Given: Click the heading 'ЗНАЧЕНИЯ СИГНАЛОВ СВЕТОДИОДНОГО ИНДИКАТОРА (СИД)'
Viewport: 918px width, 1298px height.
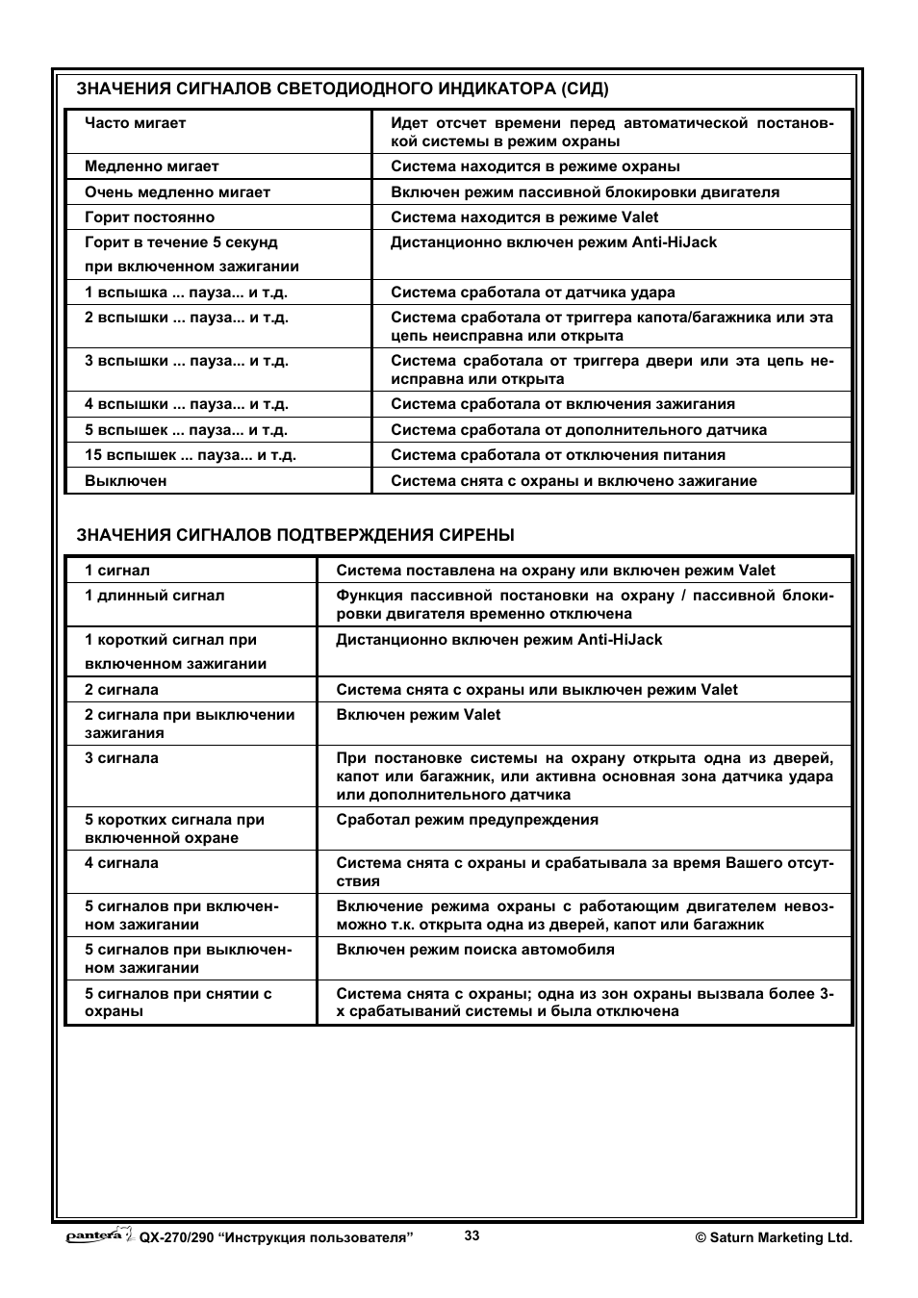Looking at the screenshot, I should pyautogui.click(x=342, y=89).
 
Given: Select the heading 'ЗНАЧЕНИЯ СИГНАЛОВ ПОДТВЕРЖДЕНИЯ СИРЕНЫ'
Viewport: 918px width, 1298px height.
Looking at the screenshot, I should pyautogui.click(x=295, y=535).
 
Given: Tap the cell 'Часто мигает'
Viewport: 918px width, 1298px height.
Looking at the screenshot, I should pyautogui.click(x=136, y=123).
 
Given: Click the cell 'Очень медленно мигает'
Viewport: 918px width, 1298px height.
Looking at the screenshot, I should pyautogui.click(x=178, y=192).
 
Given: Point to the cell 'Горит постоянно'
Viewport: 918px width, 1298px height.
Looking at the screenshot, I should pyautogui.click(x=150, y=217).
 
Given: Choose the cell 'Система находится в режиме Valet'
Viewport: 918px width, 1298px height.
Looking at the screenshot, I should pyautogui.click(x=524, y=217).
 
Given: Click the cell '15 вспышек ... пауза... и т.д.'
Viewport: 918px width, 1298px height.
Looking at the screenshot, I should pyautogui.click(x=191, y=455).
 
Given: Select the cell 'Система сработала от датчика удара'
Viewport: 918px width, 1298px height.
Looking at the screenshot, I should pyautogui.click(x=533, y=293).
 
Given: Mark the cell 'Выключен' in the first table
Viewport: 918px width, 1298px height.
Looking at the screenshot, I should pyautogui.click(x=126, y=481).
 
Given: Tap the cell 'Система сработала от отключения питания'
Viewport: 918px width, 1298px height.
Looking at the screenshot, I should pyautogui.click(x=558, y=455).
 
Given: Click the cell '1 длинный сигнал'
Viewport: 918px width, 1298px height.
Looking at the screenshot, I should pyautogui.click(x=155, y=596).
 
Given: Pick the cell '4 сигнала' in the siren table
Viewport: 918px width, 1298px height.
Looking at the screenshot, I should pyautogui.click(x=121, y=863).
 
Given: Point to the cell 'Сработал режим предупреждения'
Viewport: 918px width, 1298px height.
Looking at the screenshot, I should pyautogui.click(x=468, y=820).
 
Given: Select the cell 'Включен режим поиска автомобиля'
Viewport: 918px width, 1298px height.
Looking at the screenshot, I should pyautogui.click(x=475, y=950).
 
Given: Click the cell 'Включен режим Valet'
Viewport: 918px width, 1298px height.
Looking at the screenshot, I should pyautogui.click(x=419, y=715).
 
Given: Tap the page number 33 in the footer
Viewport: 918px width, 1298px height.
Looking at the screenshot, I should pyautogui.click(x=472, y=1236).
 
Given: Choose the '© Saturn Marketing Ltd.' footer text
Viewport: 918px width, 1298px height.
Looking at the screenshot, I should pyautogui.click(x=774, y=1238).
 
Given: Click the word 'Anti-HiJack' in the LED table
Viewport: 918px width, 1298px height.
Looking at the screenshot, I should pyautogui.click(x=675, y=242).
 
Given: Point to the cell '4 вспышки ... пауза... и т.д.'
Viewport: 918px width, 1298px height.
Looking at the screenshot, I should pyautogui.click(x=187, y=404).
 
